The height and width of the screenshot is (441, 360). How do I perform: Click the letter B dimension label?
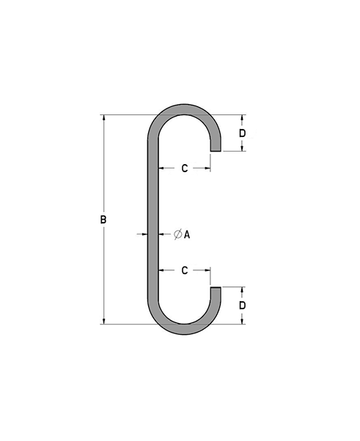[103, 220]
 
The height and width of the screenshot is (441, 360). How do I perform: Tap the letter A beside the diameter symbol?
[188, 234]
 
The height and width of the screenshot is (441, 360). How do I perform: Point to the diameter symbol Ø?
[177, 234]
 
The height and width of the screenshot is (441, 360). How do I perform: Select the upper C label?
[185, 168]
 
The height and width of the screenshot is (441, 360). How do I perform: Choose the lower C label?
[185, 271]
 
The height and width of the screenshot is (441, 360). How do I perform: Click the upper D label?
[242, 133]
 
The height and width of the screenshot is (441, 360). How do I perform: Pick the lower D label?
[242, 305]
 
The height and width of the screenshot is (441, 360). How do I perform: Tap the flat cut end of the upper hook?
[216, 151]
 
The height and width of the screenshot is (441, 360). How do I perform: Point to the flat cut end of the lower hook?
[216, 287]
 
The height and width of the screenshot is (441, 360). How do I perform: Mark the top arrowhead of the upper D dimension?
[242, 118]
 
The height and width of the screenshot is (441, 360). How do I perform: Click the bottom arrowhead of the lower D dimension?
[242, 320]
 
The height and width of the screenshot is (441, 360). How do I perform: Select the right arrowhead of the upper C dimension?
[208, 168]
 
